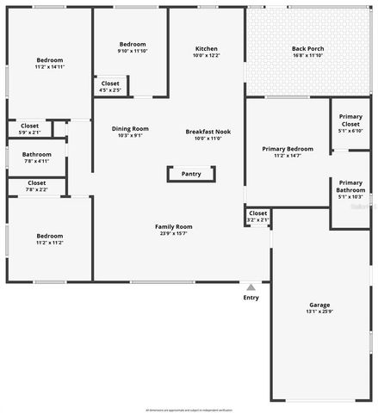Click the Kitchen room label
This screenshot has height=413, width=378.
[207, 49]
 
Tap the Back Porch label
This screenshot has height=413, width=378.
[307, 49]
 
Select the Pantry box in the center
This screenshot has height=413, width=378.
[190, 174]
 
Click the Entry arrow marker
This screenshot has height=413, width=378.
[251, 287]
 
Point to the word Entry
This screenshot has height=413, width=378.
[251, 298]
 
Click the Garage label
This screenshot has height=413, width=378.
[319, 305]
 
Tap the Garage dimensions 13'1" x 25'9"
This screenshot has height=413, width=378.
[319, 312]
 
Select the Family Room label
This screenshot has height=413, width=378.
[174, 226]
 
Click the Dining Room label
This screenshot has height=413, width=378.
[130, 129]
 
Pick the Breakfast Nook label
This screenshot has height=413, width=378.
[207, 131]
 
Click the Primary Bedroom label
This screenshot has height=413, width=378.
[288, 149]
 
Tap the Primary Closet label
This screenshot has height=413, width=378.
[350, 120]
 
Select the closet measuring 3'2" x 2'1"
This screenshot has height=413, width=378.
[258, 216]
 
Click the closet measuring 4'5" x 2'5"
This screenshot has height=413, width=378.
[110, 86]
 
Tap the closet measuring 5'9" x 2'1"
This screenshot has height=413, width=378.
[29, 129]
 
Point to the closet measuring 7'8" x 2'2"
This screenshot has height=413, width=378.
[37, 186]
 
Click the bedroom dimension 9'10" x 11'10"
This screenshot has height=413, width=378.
[133, 51]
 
